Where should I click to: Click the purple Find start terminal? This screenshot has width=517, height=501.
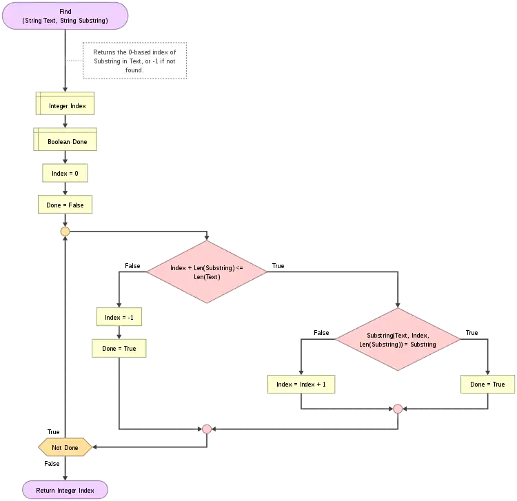point(65,16)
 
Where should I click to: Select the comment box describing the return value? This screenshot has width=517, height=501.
point(134,61)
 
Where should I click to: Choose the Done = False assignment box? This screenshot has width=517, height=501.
point(65,205)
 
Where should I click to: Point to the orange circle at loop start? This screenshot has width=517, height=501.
point(65,232)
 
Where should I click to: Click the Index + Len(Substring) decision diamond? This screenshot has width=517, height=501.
point(207,272)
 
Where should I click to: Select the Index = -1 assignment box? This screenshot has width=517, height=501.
point(119,317)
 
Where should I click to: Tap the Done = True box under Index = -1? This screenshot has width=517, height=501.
point(119,348)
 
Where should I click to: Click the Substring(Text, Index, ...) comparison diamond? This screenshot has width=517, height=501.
point(398,339)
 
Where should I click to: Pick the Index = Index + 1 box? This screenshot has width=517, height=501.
point(301,384)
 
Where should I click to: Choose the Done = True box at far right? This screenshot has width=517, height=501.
point(487,384)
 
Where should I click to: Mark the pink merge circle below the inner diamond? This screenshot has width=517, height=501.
point(398,409)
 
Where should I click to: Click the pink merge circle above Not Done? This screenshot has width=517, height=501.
point(207,429)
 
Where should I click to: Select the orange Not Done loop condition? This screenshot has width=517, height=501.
point(65,447)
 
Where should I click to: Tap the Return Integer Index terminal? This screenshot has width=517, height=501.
point(65,490)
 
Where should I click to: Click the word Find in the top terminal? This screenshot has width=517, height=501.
point(65,12)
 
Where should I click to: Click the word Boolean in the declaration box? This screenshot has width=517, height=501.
point(59,141)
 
